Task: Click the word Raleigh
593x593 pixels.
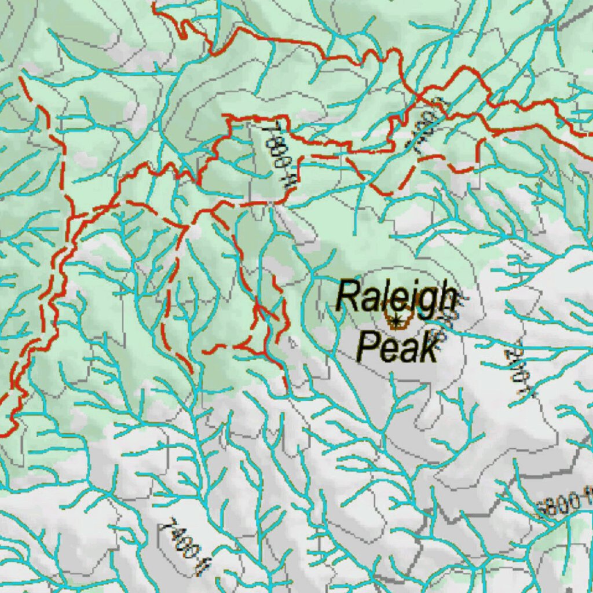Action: click(x=396, y=296)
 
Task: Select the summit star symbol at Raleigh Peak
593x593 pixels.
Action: click(x=397, y=320)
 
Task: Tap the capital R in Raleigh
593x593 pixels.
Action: click(x=346, y=295)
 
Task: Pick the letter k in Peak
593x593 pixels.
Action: click(x=429, y=349)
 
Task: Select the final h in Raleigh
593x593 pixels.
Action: click(x=446, y=296)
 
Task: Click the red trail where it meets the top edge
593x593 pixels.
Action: click(x=155, y=3)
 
